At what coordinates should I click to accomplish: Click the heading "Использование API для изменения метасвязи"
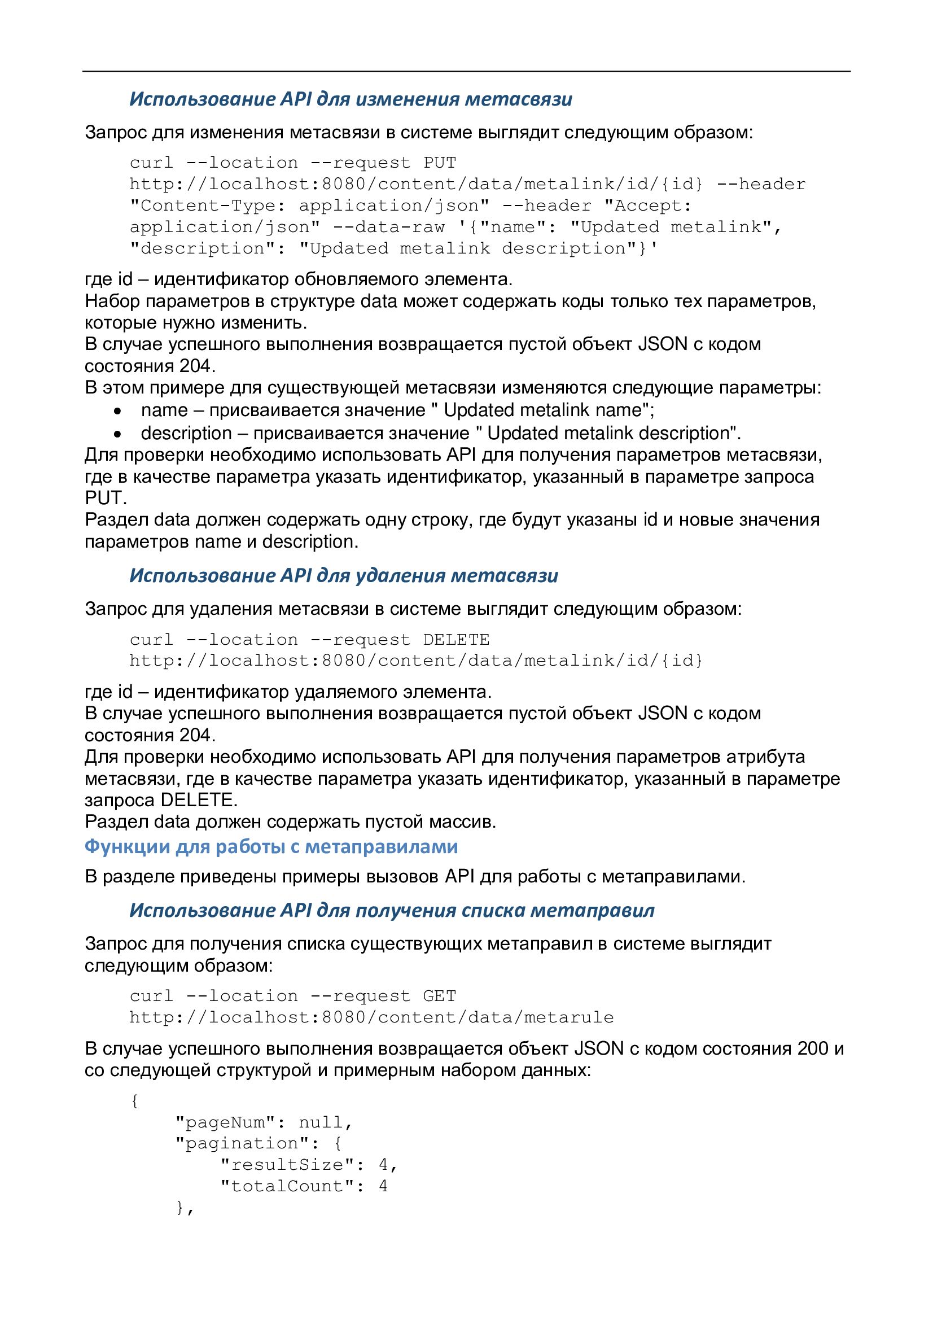click(x=351, y=99)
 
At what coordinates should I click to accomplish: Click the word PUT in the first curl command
click(x=440, y=163)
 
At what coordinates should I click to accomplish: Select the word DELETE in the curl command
click(x=457, y=639)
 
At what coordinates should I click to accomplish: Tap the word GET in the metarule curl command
click(x=440, y=996)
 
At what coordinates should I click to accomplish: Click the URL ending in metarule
click(x=371, y=1017)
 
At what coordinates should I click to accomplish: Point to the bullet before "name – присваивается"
click(x=118, y=411)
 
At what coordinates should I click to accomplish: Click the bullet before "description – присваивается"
click(x=118, y=434)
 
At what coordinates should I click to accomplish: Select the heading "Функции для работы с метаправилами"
click(x=271, y=846)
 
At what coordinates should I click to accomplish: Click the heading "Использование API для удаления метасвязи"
click(x=344, y=575)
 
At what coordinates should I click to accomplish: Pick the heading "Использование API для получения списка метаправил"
click(x=392, y=910)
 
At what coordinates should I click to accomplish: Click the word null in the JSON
click(x=321, y=1122)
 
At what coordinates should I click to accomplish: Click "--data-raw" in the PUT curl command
click(x=388, y=227)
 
